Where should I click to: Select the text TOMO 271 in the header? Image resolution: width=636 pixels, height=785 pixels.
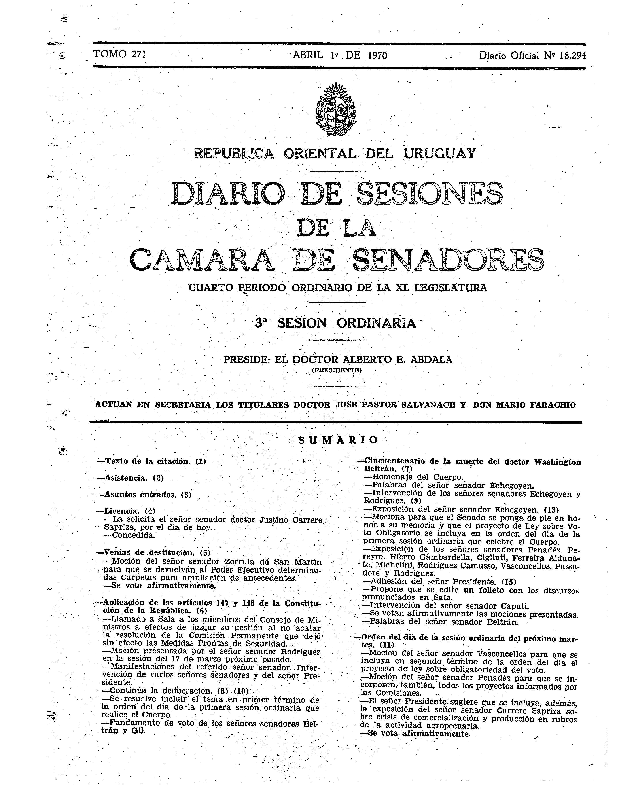(x=120, y=54)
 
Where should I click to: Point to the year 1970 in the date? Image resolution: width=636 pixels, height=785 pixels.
(x=377, y=55)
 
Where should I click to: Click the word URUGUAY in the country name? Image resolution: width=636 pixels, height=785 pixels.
(x=440, y=153)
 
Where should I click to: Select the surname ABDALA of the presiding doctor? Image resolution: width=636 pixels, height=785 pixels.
(x=432, y=360)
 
